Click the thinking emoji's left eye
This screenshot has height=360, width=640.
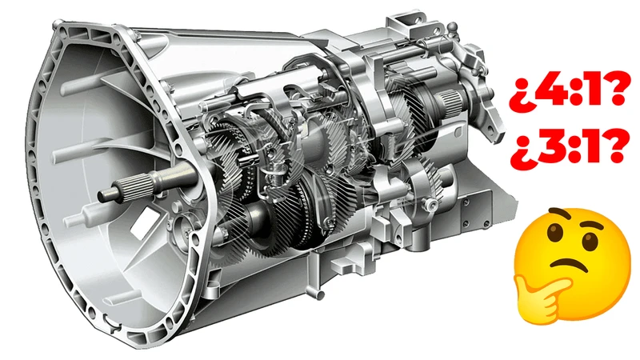(x=554, y=235)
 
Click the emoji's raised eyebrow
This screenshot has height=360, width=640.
(x=588, y=223)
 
